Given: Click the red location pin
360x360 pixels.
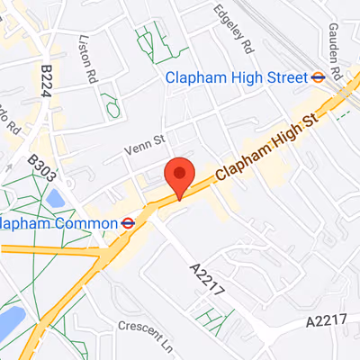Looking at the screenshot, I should tap(181, 175).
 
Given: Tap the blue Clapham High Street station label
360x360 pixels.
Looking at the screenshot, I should tap(237, 77).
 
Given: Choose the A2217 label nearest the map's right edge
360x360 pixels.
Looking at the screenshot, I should tap(326, 321).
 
